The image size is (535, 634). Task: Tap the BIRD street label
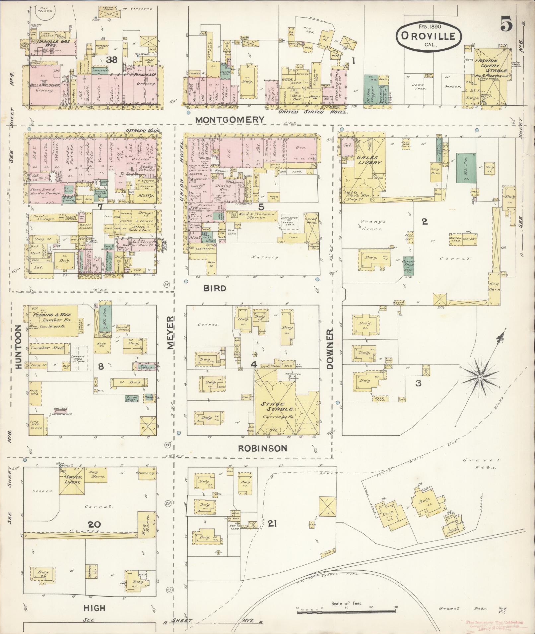(215, 288)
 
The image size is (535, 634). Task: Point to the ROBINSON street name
(263, 448)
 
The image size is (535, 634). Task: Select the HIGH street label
(95, 608)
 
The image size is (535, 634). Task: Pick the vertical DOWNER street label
(330, 349)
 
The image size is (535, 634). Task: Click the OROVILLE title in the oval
(428, 36)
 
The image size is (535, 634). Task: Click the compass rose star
(480, 378)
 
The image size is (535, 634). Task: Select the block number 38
(111, 60)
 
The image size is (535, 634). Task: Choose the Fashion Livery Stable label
(491, 66)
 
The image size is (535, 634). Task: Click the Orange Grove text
(373, 225)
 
